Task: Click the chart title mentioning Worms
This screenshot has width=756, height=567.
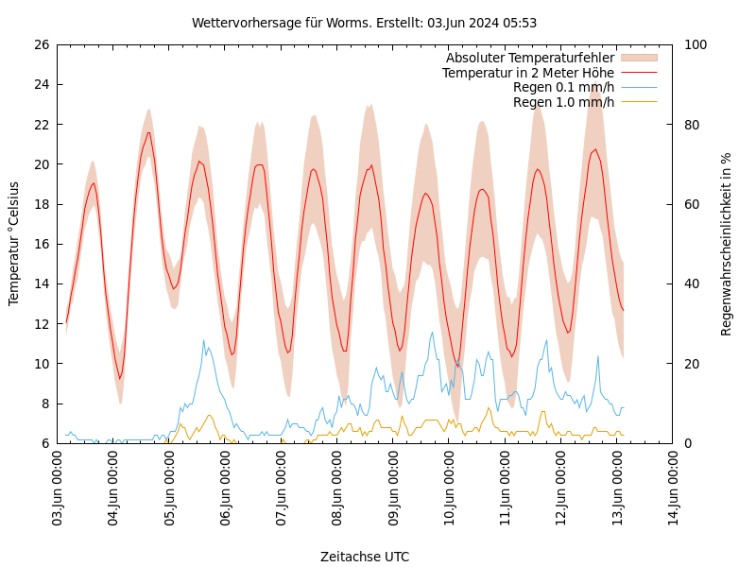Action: point(364,23)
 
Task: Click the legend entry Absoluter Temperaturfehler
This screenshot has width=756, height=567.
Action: point(529,58)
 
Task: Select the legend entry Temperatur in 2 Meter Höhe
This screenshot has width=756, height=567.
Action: point(527,73)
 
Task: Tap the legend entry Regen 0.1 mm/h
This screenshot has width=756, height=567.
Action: point(563,87)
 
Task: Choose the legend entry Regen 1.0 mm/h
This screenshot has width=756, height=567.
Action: point(563,102)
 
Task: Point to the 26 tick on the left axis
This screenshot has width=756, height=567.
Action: point(41,44)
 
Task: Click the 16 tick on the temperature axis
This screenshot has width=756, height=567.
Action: point(41,244)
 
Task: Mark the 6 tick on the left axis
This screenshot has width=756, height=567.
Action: point(44,443)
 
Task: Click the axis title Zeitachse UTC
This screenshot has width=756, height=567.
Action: point(364,557)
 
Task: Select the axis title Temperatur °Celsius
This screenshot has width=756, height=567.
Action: point(14,244)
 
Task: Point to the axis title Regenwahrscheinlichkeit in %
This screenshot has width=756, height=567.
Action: point(726,244)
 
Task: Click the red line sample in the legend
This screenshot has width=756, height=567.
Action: point(638,73)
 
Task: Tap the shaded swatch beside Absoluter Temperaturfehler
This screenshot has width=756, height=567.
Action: point(638,58)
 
